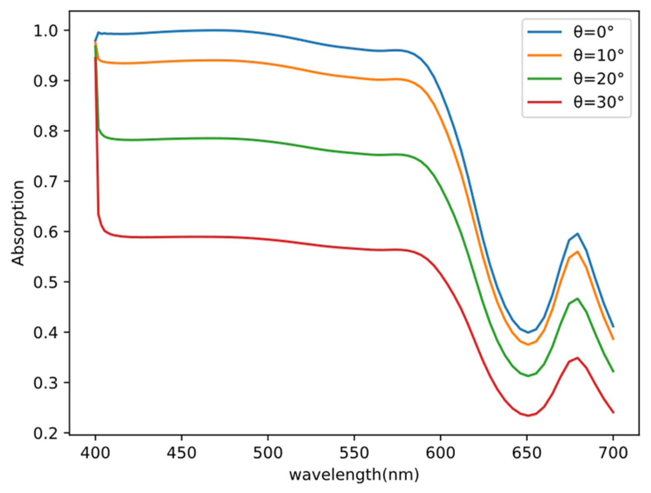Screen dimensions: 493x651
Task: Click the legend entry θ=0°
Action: tap(593, 32)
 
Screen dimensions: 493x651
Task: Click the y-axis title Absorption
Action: tap(18, 223)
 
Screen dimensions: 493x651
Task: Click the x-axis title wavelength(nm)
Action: tap(354, 474)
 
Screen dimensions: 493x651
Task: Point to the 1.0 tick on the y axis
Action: tap(47, 31)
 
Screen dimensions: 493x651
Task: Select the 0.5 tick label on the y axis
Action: tap(47, 282)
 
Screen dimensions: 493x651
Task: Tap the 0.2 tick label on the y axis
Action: tap(47, 433)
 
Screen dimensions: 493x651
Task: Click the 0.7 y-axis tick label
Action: tap(47, 181)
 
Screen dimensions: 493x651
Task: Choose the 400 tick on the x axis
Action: tap(95, 453)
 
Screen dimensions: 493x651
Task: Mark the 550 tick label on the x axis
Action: tap(354, 453)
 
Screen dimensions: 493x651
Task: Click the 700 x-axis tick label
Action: tap(613, 453)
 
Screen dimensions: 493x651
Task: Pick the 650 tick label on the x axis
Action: tap(527, 453)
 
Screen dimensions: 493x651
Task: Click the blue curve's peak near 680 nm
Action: tap(578, 233)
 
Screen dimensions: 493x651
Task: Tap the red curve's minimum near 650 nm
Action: tap(528, 416)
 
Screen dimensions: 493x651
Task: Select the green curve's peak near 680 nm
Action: tap(578, 298)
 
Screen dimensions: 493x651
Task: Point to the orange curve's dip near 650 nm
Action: tap(528, 344)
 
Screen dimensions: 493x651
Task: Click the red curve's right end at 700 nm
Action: tap(613, 412)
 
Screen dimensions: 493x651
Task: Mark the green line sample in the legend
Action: tap(544, 78)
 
